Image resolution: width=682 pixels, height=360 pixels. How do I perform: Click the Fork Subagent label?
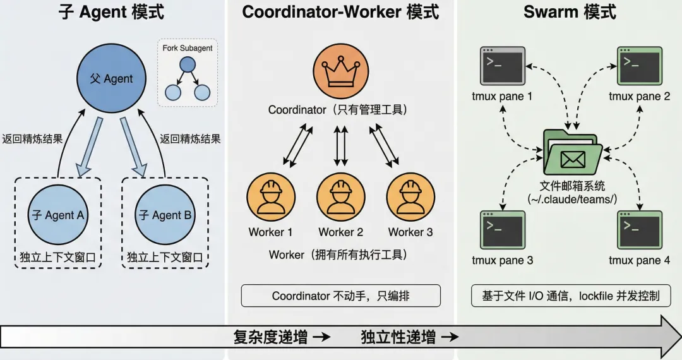coord(188,48)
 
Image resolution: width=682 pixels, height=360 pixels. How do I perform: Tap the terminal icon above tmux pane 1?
coord(503,65)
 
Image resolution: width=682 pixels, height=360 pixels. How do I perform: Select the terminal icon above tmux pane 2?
coord(640,65)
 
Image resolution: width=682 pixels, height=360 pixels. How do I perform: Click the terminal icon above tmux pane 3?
coord(503,229)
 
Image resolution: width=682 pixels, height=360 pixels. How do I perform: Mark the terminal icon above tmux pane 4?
coord(640,229)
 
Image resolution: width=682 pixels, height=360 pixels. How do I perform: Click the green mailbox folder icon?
coord(571,152)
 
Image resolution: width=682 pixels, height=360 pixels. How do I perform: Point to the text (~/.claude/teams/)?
coord(572,200)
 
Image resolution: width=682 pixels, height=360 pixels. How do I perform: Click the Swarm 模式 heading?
coord(570,13)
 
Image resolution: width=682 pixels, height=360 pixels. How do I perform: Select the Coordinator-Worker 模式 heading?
coord(341,13)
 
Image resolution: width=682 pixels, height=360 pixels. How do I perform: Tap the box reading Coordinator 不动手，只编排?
coord(340,296)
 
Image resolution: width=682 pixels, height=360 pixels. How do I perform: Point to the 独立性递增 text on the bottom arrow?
coord(398,337)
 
